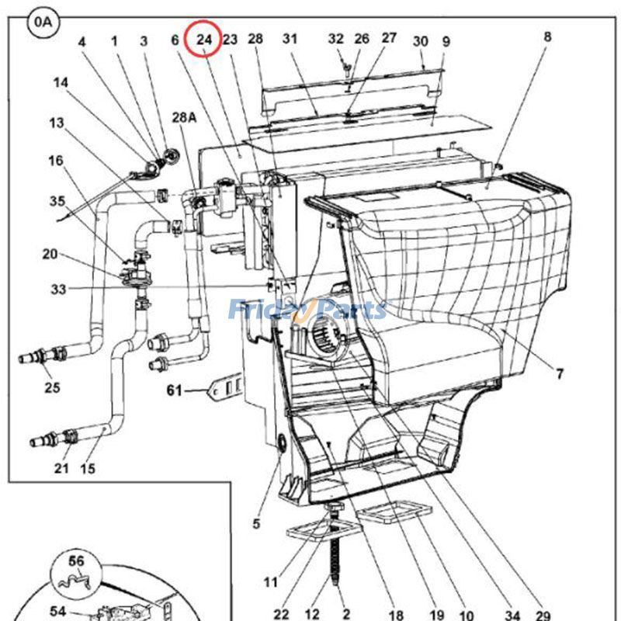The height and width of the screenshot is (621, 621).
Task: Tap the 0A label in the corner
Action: [43, 22]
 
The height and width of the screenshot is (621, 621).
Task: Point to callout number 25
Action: [52, 387]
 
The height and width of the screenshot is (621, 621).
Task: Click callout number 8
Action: [548, 36]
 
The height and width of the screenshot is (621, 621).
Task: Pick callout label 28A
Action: [184, 117]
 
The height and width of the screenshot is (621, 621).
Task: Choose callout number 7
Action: [560, 374]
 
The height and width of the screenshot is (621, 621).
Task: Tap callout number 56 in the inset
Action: [76, 560]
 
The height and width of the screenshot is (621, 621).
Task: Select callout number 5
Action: [256, 523]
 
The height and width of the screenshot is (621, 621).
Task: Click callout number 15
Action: [88, 468]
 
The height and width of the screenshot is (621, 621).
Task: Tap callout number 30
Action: [420, 41]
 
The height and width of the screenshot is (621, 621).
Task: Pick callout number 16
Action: [55, 161]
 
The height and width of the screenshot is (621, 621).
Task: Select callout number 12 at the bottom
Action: [313, 614]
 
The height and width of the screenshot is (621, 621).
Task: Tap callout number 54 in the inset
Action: [57, 612]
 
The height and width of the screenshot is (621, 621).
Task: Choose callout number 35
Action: [58, 201]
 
